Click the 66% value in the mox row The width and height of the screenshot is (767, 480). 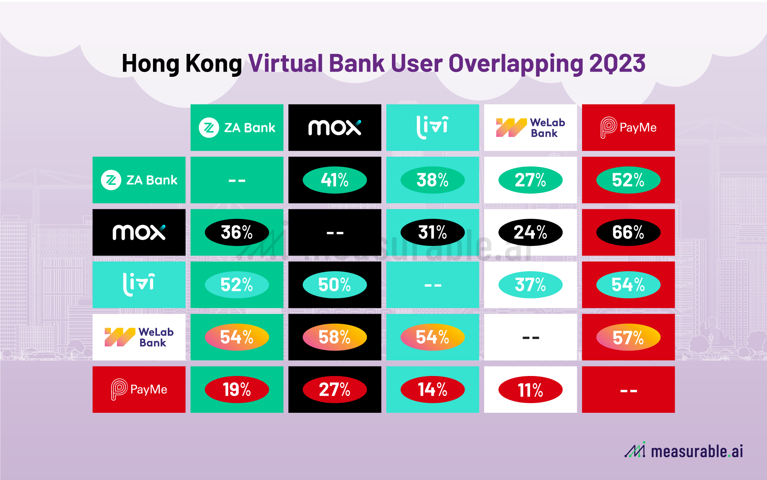628,232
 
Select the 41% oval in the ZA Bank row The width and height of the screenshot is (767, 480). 335,180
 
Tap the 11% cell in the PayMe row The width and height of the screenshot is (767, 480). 530,390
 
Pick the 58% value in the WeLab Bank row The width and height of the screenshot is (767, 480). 335,337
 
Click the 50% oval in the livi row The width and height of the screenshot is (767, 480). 335,285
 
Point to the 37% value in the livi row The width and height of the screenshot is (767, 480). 530,285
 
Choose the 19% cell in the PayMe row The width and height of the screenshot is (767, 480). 237,390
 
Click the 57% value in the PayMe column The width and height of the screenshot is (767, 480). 628,337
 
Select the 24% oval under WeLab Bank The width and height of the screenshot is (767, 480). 530,232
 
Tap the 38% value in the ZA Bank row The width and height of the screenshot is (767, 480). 432,180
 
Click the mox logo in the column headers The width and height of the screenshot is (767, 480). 335,128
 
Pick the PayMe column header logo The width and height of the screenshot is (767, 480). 628,128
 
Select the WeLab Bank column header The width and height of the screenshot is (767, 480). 530,128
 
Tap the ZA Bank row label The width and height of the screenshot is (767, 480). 139,180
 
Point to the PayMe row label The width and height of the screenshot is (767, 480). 139,390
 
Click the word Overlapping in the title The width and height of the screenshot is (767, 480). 516,64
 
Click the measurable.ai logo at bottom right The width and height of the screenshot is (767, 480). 684,451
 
